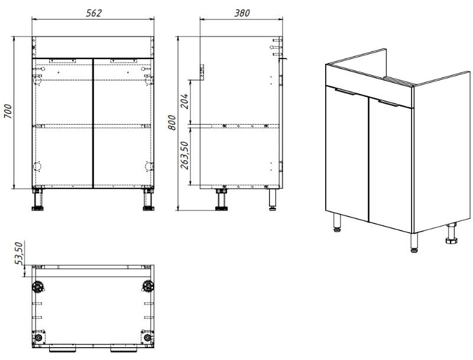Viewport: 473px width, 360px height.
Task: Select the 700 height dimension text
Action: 8,113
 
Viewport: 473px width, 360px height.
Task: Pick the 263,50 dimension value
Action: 184,155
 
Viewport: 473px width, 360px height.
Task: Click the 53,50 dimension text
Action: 19,253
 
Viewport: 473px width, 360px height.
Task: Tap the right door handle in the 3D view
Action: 389,104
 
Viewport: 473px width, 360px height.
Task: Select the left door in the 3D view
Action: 348,154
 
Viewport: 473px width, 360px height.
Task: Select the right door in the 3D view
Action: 391,166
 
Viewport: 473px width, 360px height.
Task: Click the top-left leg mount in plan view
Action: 40,287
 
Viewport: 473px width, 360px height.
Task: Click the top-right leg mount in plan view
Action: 146,287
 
